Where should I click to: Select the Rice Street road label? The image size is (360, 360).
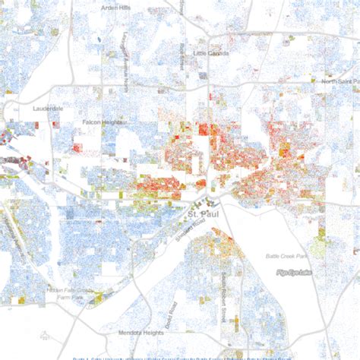(x=183, y=56)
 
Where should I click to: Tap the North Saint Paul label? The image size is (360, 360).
(x=339, y=81)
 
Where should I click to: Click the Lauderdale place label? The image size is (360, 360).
(x=47, y=109)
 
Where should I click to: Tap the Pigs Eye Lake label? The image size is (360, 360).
(x=295, y=272)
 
